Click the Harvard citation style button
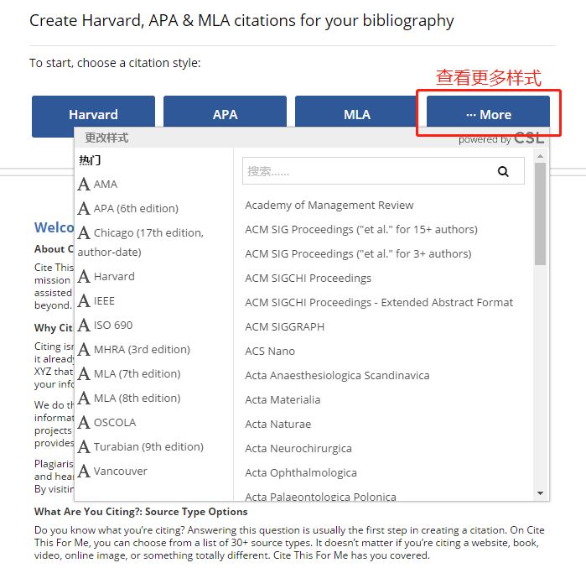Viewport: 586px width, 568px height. (93, 115)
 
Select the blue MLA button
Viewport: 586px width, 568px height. (356, 115)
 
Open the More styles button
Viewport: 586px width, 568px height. (488, 115)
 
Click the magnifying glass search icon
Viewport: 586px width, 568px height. (503, 171)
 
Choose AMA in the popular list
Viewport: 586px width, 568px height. (105, 185)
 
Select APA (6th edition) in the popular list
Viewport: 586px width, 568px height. (135, 209)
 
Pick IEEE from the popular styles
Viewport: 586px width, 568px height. (104, 301)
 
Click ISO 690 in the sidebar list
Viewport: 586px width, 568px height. (112, 326)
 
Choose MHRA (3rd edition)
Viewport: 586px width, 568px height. (141, 350)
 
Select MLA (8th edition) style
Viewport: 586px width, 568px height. (136, 399)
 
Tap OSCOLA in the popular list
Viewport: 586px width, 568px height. (114, 423)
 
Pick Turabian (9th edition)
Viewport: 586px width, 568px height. (148, 447)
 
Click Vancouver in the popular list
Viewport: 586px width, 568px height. (120, 472)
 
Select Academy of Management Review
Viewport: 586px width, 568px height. (329, 206)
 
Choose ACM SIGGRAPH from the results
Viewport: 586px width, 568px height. (284, 327)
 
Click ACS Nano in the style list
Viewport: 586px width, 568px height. (270, 352)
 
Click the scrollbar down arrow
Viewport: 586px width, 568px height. (540, 493)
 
